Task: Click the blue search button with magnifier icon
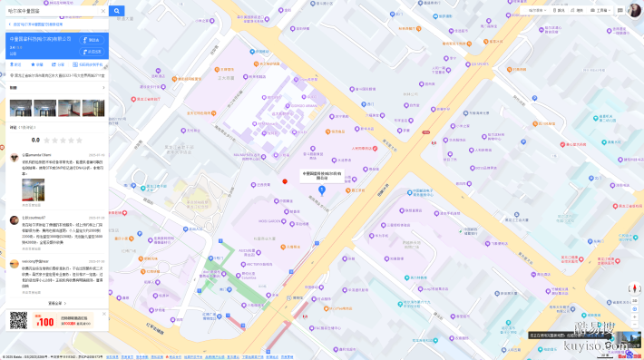(116, 11)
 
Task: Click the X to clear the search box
(102, 11)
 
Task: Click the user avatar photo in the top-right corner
(634, 10)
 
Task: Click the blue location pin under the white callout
(321, 190)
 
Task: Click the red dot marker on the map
(285, 181)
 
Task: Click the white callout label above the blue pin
(321, 175)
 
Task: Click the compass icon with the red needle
(634, 289)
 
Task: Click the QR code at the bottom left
(19, 320)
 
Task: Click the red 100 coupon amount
(45, 321)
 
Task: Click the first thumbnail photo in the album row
(21, 108)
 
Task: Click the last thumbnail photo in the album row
(93, 108)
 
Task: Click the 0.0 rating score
(35, 140)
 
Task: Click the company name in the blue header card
(41, 39)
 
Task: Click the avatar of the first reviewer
(15, 157)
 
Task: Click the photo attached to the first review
(33, 190)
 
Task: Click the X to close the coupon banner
(104, 314)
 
